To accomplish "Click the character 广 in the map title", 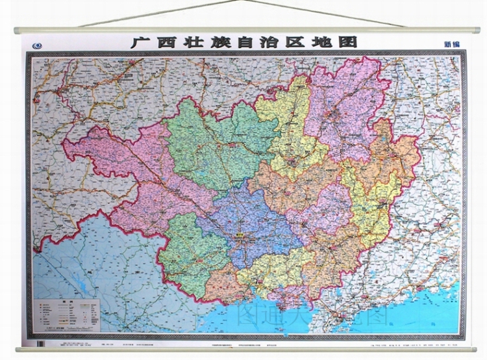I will click(139, 42).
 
